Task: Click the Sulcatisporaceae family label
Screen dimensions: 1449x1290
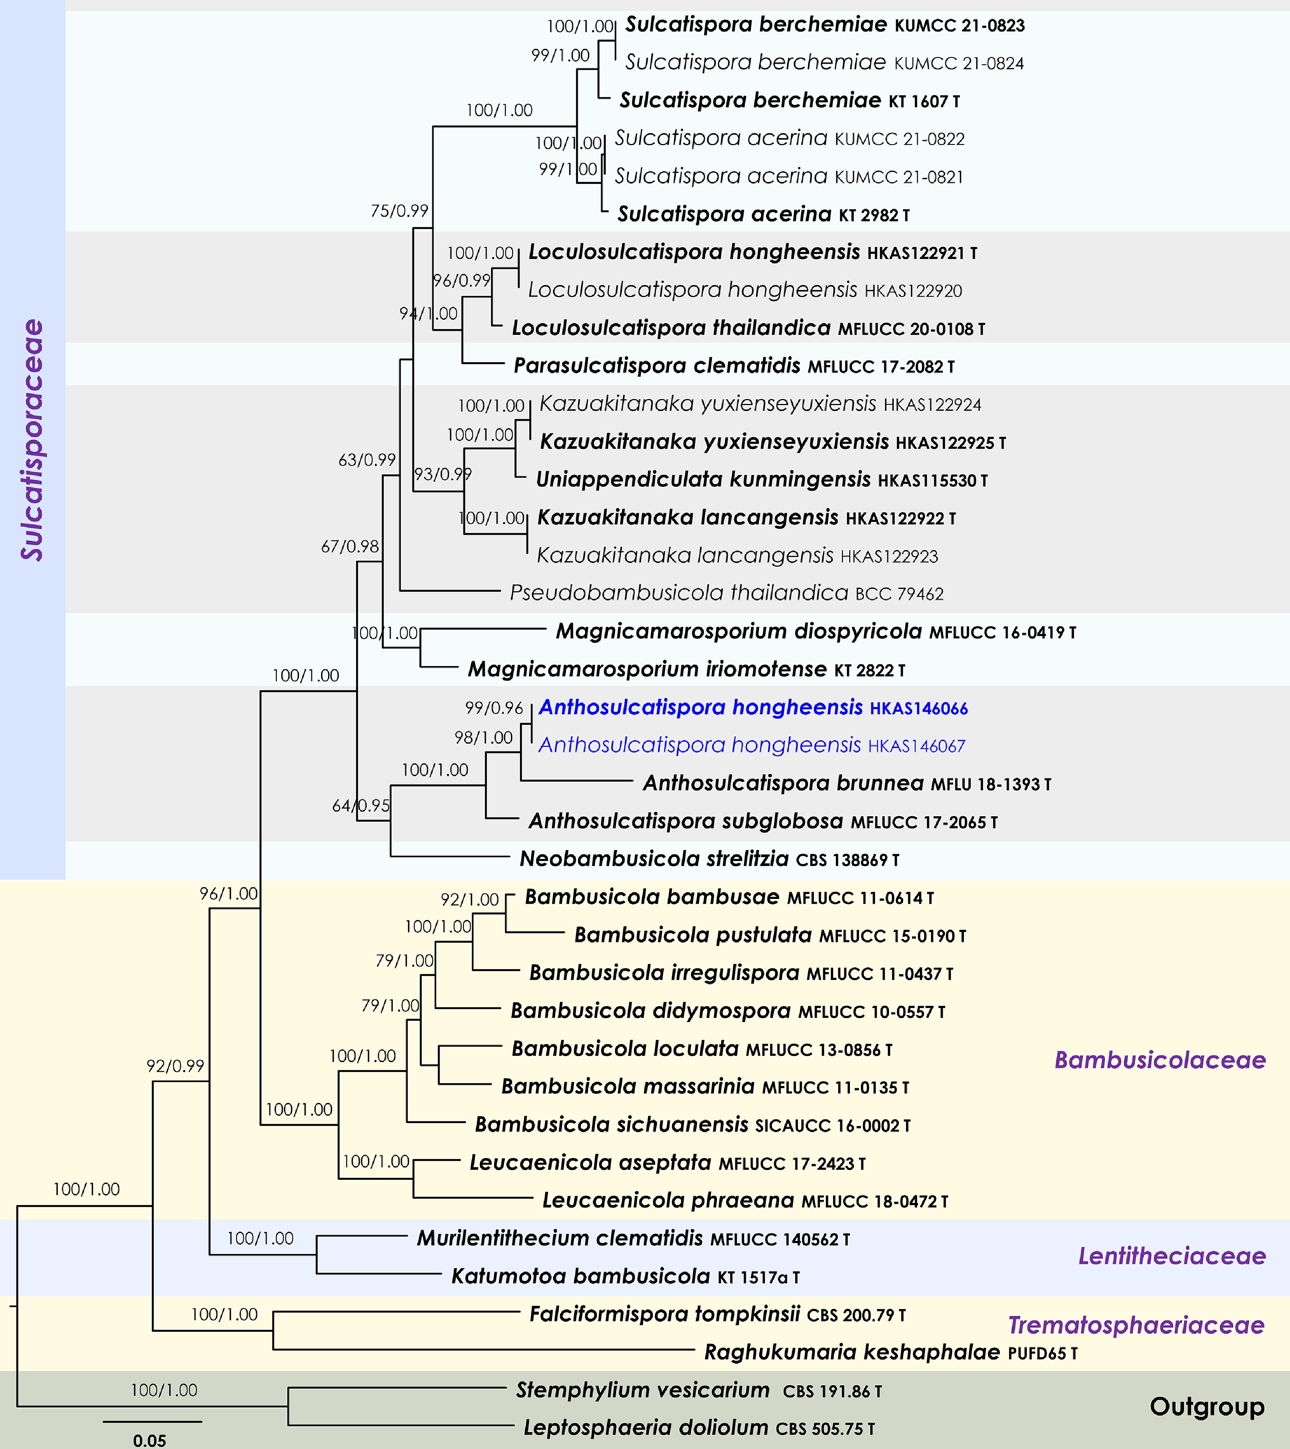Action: click(33, 440)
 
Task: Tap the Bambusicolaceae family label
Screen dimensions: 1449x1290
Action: click(1160, 1060)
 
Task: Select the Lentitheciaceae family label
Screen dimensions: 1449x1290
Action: click(1172, 1256)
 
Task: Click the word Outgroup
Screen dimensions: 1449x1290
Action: click(1207, 1406)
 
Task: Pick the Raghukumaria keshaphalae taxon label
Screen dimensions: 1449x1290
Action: click(890, 1353)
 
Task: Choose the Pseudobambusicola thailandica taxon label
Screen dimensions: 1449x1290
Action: click(726, 593)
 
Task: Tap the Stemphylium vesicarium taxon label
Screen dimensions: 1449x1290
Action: click(698, 1390)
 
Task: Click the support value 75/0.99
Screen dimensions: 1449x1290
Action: click(399, 211)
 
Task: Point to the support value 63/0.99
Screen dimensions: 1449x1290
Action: click(366, 459)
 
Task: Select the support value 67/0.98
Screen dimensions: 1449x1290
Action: click(350, 546)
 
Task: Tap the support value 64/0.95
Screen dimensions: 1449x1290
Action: click(361, 806)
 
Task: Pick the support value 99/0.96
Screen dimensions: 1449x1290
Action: click(493, 708)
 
